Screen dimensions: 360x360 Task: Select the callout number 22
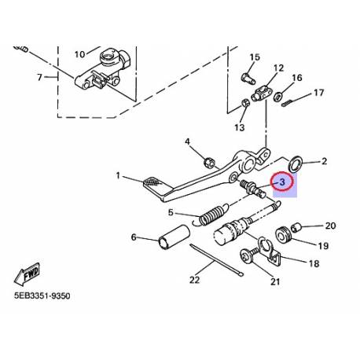point(193,278)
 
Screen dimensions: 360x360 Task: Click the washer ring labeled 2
point(298,165)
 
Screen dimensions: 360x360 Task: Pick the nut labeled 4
point(210,163)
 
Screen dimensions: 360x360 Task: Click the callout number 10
point(79,54)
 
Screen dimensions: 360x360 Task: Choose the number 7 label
point(41,77)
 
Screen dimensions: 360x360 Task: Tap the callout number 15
point(254,57)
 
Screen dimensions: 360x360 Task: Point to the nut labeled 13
point(246,103)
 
